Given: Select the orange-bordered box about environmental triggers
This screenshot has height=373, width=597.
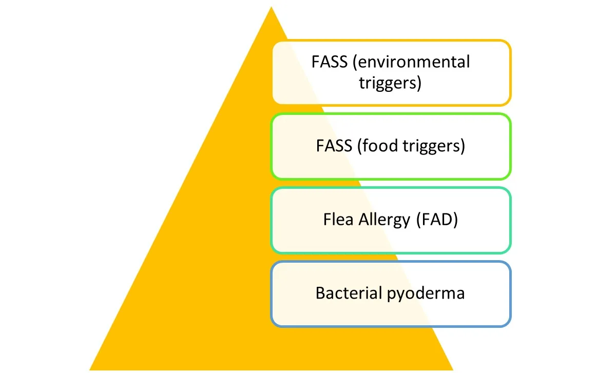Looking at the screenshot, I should point(391,72).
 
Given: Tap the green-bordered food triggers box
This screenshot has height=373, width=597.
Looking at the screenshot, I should point(391,146).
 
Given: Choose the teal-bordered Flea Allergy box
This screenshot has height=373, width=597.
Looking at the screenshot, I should point(391,220).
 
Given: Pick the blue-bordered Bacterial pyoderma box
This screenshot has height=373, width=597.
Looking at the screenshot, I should point(391,294).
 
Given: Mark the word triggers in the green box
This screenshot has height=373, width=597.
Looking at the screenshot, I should point(435,147).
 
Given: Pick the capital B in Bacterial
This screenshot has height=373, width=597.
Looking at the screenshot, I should point(320,293).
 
